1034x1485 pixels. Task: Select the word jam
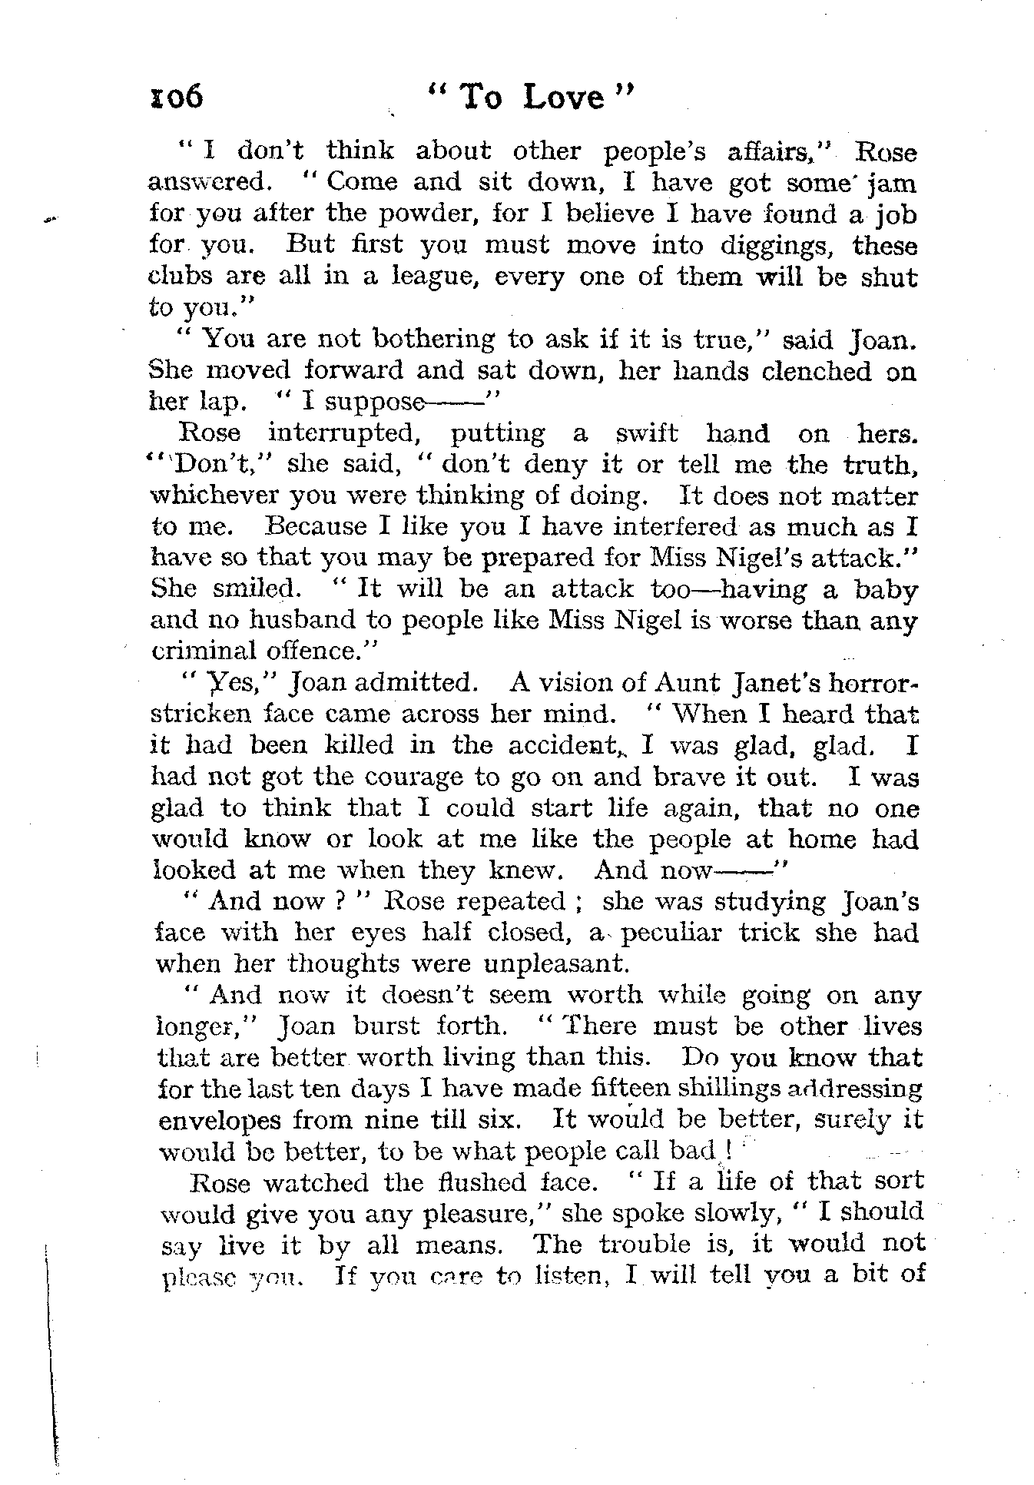click(x=892, y=184)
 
